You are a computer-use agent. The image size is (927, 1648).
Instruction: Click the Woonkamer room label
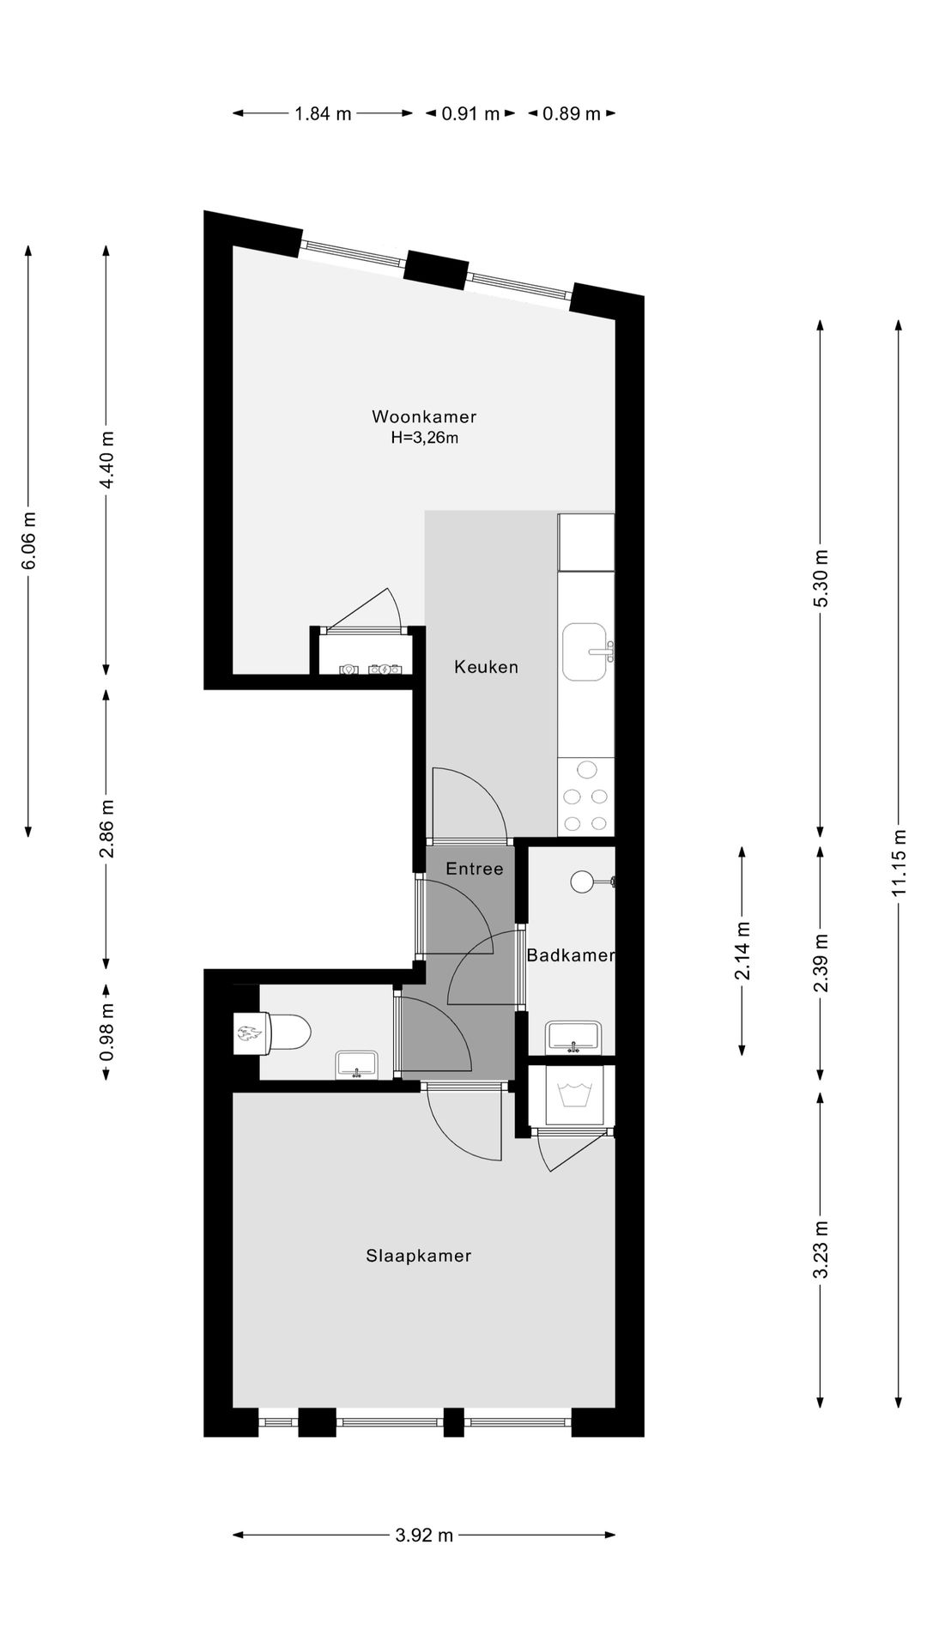point(423,417)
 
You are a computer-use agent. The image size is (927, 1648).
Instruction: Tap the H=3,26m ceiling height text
point(424,439)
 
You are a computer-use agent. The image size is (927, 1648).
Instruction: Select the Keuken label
point(486,667)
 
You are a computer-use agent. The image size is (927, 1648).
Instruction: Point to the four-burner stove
point(586,797)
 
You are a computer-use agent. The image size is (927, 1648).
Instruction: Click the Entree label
point(474,869)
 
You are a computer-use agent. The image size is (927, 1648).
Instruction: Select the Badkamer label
point(570,955)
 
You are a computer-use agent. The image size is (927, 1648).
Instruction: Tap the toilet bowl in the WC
point(288,1033)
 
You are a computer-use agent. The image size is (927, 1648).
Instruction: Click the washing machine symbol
point(571,1096)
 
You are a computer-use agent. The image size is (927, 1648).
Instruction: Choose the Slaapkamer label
point(418,1256)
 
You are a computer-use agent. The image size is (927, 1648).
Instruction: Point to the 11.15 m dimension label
point(899,863)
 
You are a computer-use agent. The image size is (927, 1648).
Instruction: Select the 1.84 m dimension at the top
point(323,113)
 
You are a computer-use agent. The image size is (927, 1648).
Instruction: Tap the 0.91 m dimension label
point(470,113)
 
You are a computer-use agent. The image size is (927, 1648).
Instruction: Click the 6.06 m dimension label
point(29,541)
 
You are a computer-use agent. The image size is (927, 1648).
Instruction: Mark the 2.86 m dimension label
point(106,828)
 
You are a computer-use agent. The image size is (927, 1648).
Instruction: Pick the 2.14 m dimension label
point(742,950)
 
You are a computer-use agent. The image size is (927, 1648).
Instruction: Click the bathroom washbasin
point(573,1036)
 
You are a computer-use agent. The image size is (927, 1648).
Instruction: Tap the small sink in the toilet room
point(356,1064)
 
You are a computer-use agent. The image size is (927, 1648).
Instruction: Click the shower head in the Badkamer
point(584,882)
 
